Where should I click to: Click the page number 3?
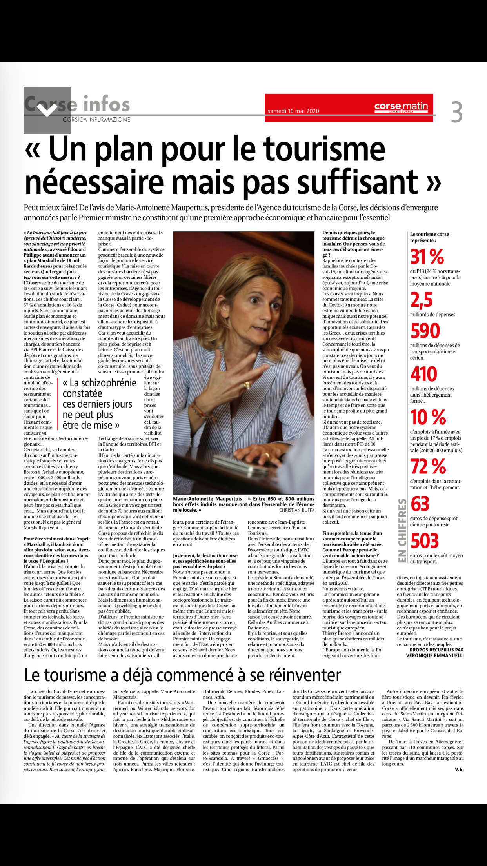click(x=456, y=112)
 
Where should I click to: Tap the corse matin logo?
click(x=401, y=106)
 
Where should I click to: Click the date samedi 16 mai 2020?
click(x=293, y=111)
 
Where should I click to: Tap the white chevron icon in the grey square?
click(x=47, y=111)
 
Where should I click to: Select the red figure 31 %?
click(x=427, y=257)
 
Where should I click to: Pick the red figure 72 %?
click(x=428, y=467)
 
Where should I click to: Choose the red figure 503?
click(x=424, y=541)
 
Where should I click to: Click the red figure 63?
click(x=420, y=504)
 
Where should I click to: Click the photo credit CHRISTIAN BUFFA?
click(x=296, y=510)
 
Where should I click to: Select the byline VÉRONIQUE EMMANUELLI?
click(x=435, y=655)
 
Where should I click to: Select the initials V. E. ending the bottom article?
click(x=459, y=770)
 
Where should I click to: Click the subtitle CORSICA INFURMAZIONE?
click(x=96, y=120)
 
